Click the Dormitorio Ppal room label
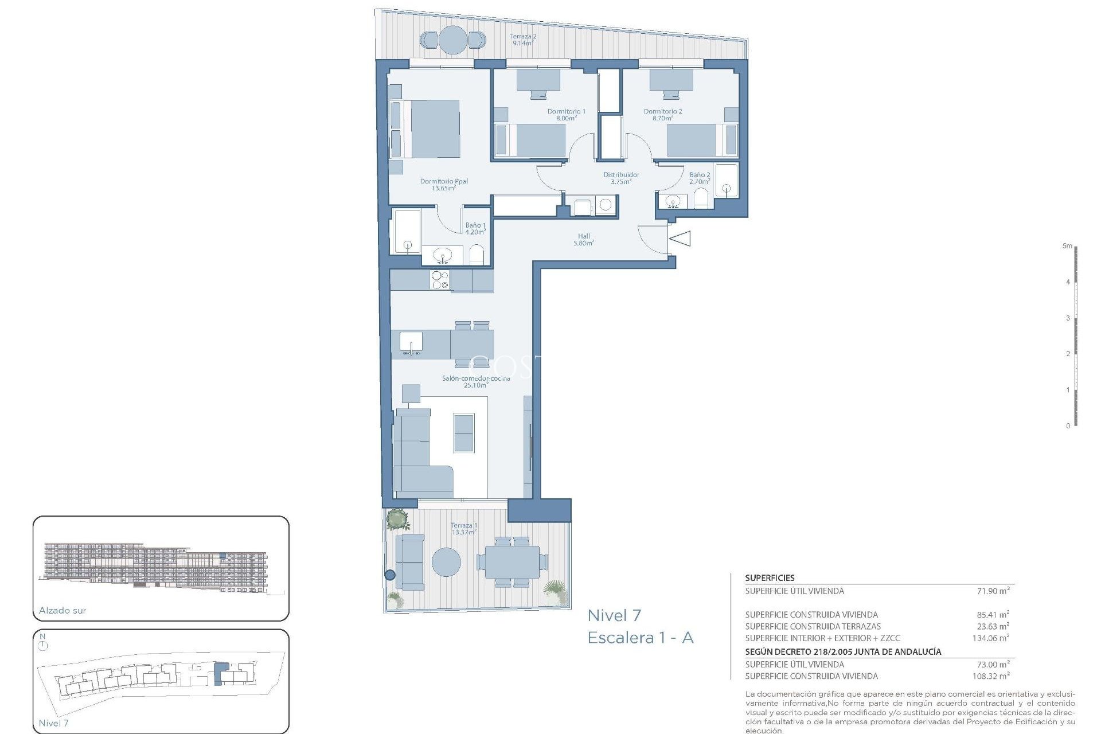point(444,185)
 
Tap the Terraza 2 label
point(523,40)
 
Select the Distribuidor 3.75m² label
point(621,178)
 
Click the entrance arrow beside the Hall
point(681,238)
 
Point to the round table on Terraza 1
point(446,562)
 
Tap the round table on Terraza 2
point(453,40)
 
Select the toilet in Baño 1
point(477,255)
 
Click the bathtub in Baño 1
point(407,232)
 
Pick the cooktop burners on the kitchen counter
point(440,280)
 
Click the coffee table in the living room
point(464,432)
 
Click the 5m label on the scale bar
point(1067,246)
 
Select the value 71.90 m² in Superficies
point(993,591)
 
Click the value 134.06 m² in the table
point(991,638)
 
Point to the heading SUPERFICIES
point(770,578)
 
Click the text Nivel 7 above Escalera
point(614,616)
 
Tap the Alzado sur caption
point(63,611)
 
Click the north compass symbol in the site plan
point(43,645)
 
